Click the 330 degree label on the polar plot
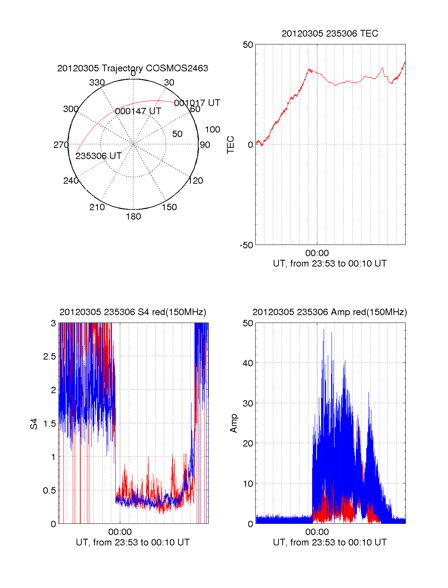pos(97,83)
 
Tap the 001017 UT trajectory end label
pos(197,103)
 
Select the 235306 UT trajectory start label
pos(99,156)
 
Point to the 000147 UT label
pos(138,111)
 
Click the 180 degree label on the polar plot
pos(133,217)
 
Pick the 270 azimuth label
pos(61,145)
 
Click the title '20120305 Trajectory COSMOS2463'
pos(133,68)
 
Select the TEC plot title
pos(330,34)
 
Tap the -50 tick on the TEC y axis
pos(246,245)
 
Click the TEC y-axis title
pos(231,145)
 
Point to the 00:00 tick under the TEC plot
pos(317,253)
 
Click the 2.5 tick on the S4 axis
pos(49,357)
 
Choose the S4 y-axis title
pos(34,424)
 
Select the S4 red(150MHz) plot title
pos(133,312)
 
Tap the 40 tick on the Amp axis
pos(248,363)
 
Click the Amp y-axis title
pos(234,423)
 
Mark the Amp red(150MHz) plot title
pos(330,312)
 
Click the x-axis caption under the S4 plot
pos(133,542)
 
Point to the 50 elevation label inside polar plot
pos(177,134)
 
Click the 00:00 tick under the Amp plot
pos(317,532)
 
